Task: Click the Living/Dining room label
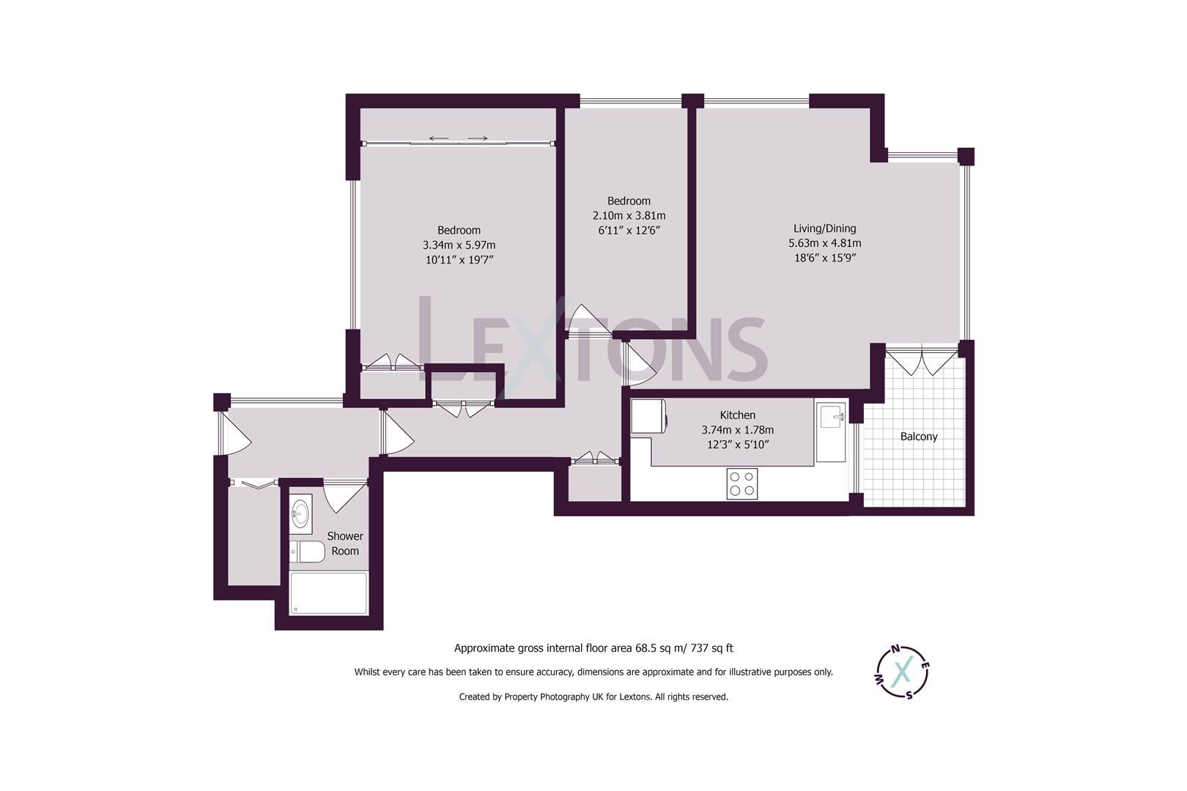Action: (824, 229)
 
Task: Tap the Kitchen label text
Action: (737, 415)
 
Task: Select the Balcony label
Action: (918, 437)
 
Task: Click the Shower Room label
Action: (344, 543)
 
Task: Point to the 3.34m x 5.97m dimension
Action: (459, 245)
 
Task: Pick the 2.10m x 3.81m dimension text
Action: (629, 215)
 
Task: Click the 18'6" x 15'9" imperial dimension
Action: (824, 258)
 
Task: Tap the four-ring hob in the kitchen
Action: (742, 483)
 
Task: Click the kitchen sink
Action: (831, 419)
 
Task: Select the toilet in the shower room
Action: (307, 552)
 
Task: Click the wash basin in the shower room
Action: (300, 512)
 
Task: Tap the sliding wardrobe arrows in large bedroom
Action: (459, 138)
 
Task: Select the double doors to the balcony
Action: (921, 362)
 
